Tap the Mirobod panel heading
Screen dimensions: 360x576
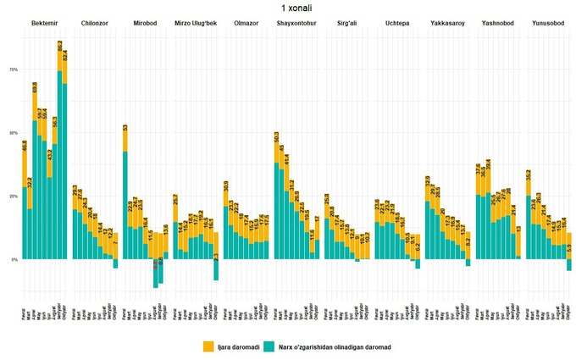[x=145, y=22]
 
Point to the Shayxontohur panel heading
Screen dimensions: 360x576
[x=296, y=22]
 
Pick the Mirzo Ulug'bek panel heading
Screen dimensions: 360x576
[x=195, y=22]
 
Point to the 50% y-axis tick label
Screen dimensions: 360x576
[x=13, y=133]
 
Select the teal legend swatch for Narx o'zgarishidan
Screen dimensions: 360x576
[x=271, y=346]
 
